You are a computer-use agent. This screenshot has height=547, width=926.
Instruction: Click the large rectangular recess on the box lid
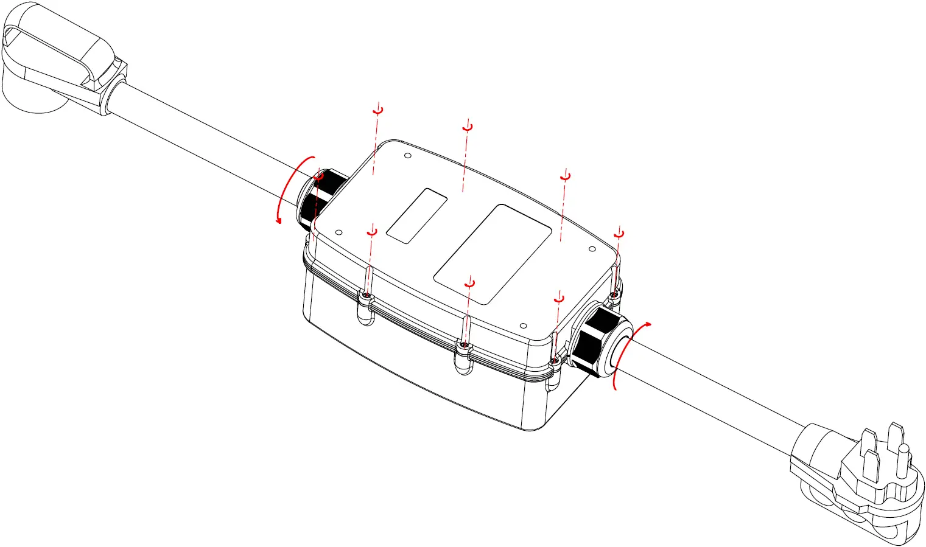point(493,254)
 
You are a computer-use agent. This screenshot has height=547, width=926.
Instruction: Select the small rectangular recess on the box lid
point(417,216)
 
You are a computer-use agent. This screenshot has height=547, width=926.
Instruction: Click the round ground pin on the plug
point(903,453)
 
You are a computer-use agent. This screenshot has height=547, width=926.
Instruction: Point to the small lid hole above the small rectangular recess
point(408,156)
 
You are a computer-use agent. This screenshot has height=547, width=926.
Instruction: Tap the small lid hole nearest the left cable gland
point(339,232)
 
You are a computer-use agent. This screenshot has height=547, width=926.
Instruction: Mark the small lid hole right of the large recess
point(592,249)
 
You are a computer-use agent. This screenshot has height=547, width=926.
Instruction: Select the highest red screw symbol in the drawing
point(378,110)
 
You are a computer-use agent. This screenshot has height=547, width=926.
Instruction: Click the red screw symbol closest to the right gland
point(619,234)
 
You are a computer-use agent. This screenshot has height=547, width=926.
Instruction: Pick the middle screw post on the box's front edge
point(465,353)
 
